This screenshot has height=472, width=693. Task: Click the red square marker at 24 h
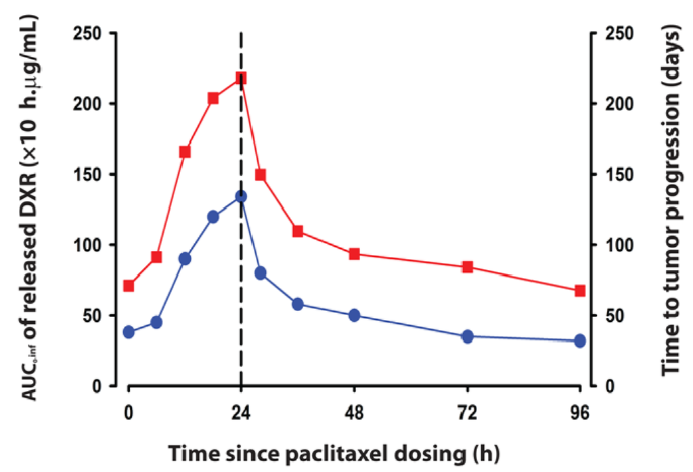[241, 78]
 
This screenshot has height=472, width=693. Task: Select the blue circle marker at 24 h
[241, 196]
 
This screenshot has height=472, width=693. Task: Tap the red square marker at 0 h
[129, 286]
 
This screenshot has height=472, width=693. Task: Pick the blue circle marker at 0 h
[129, 332]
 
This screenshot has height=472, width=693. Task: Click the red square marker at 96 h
[580, 291]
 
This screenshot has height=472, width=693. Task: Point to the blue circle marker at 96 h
[580, 341]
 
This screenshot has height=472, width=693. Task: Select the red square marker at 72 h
[467, 267]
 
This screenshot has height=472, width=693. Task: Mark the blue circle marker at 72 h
[467, 337]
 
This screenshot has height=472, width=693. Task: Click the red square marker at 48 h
[354, 254]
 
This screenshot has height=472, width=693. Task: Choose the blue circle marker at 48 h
[354, 315]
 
